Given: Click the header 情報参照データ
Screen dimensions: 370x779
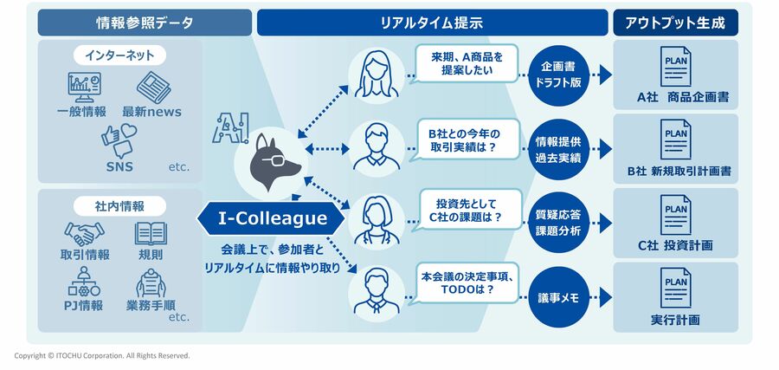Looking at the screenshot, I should click(x=144, y=23).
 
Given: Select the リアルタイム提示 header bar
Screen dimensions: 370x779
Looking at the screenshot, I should click(x=432, y=23).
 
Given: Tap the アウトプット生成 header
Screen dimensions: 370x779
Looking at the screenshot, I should click(x=675, y=23).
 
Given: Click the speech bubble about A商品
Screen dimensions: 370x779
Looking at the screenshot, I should click(x=467, y=64).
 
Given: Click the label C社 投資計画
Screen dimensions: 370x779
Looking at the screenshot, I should click(x=675, y=245).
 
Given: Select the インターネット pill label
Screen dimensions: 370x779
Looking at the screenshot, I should click(x=120, y=55).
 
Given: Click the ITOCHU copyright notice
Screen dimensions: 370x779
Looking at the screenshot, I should click(x=102, y=356).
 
